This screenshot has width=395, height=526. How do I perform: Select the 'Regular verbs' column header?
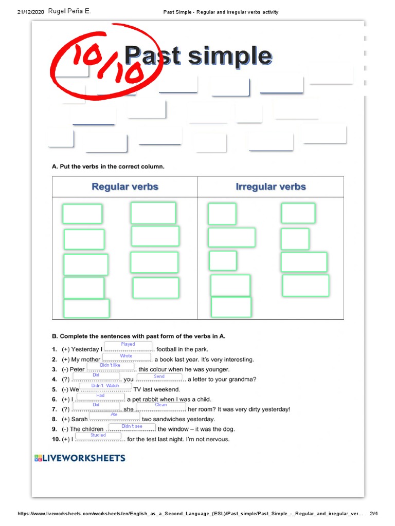pos(125,186)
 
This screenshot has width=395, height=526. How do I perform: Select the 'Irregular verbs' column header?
pos(271,186)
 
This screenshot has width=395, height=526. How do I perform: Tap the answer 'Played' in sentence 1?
pos(128,344)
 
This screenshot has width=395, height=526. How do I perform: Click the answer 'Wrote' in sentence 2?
pos(127,355)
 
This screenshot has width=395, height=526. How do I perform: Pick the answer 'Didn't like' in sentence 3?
pos(110,365)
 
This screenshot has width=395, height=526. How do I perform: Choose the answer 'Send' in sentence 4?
pos(159,377)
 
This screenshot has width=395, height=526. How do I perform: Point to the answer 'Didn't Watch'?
pos(105,386)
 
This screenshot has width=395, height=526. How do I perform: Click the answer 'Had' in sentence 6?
pos(100,396)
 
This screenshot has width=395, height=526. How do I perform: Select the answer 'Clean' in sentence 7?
pos(161,405)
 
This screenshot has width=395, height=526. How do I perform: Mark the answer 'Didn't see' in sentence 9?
pos(132,426)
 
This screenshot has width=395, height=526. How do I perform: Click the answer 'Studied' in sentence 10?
pos(98,435)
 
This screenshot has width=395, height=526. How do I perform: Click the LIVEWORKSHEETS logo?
pos(79,458)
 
